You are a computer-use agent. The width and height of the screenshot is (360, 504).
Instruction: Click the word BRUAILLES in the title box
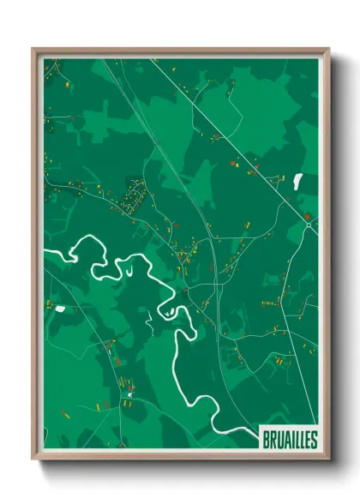(287, 438)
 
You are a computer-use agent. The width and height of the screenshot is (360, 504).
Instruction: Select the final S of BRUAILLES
(313, 438)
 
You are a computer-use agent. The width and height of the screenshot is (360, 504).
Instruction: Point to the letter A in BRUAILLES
(282, 438)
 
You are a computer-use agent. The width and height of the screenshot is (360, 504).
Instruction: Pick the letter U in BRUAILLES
(276, 438)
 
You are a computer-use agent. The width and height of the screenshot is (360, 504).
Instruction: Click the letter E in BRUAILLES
(307, 438)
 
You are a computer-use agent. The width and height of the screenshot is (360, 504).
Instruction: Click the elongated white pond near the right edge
(298, 181)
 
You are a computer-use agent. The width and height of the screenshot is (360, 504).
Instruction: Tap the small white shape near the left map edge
(61, 308)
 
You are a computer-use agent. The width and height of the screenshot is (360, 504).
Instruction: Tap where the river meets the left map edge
(45, 251)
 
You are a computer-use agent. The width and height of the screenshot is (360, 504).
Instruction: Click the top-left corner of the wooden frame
(33, 49)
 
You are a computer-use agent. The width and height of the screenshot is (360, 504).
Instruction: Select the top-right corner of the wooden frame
(328, 49)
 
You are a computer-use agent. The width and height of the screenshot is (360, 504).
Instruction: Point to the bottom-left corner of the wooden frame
(33, 460)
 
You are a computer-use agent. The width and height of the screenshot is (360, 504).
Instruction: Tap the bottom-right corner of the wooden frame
(328, 460)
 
